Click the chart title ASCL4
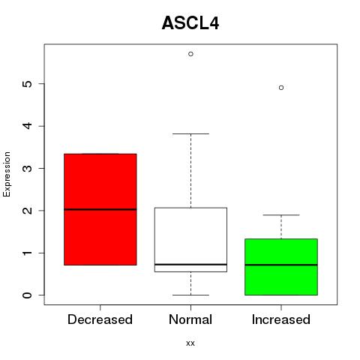(190, 23)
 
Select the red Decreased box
(100, 209)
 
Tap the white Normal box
(190, 240)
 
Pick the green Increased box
(281, 267)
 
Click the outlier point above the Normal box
(190, 54)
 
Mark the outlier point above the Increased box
(281, 88)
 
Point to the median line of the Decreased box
(100, 209)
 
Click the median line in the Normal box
(190, 264)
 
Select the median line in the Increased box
(281, 265)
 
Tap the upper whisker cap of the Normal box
(190, 133)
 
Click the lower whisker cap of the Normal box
(190, 295)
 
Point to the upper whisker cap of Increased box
(281, 215)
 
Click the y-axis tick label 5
(28, 84)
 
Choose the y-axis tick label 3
(28, 168)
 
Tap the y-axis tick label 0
(28, 295)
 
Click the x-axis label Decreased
(100, 319)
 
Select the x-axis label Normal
(190, 319)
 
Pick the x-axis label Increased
(281, 319)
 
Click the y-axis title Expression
(7, 174)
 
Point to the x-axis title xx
(190, 343)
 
